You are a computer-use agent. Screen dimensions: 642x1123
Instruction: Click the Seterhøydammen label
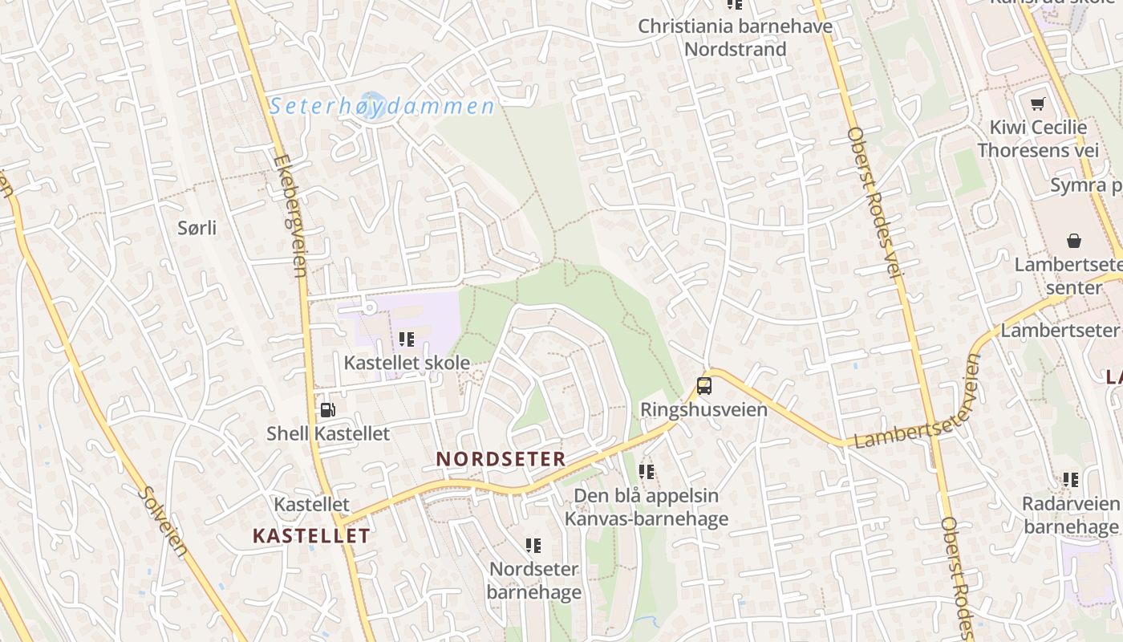(x=382, y=106)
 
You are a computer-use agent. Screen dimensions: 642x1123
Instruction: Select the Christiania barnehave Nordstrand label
(x=735, y=38)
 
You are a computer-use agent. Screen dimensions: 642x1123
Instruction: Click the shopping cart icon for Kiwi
(x=1038, y=104)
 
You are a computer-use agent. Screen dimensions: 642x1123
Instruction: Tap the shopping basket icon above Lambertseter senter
(x=1073, y=240)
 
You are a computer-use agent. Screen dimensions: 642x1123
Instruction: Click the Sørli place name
(x=197, y=228)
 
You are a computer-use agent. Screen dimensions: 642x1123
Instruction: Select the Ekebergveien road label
(x=290, y=215)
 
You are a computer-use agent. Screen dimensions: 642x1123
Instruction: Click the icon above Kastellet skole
(x=407, y=339)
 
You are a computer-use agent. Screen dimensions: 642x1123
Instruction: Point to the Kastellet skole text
(x=407, y=363)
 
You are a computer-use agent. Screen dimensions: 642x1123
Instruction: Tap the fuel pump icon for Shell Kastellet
(x=327, y=410)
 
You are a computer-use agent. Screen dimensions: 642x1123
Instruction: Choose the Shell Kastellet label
(x=328, y=433)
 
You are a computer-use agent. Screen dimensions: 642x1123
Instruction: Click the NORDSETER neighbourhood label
(x=501, y=459)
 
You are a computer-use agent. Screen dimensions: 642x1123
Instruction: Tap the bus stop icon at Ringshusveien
(x=704, y=386)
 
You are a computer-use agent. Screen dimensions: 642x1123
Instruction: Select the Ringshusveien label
(x=703, y=409)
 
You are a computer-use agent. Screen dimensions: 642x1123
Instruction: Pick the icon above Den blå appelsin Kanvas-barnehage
(x=647, y=472)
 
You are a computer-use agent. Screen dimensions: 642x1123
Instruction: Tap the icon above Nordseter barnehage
(x=533, y=546)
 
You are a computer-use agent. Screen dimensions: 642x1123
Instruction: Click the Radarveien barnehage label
(x=1070, y=515)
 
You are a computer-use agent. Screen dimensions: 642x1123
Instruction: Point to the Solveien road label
(x=163, y=522)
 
